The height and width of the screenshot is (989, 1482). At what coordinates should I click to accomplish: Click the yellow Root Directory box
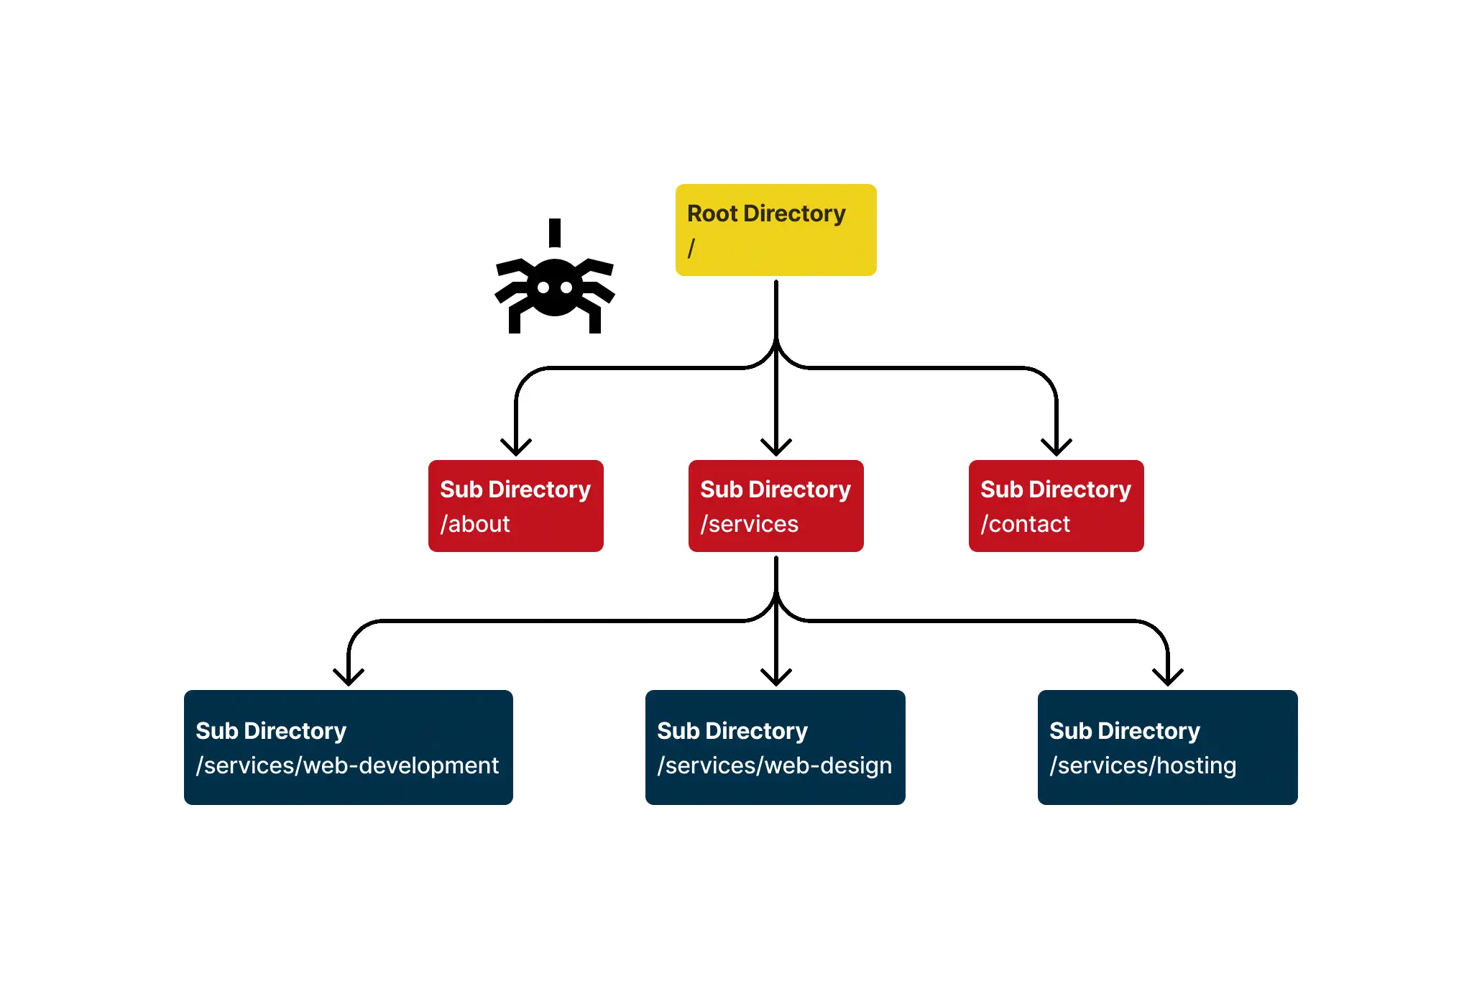(775, 230)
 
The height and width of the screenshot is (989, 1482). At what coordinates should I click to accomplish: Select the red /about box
(515, 506)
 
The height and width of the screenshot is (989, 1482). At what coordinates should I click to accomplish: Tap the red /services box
(775, 506)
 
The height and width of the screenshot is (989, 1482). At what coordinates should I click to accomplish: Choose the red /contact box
(1056, 506)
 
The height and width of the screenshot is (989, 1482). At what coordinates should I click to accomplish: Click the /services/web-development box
(349, 747)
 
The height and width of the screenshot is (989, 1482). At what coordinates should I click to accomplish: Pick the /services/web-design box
(775, 747)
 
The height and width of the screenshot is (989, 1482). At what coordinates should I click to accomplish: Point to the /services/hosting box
(1167, 747)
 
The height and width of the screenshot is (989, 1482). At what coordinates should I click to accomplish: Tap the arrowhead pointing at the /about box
(516, 448)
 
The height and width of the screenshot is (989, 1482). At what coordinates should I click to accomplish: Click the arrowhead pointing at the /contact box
(1057, 448)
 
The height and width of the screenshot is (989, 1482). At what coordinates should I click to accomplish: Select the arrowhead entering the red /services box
(776, 448)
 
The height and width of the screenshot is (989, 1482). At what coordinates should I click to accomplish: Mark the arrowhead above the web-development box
(349, 678)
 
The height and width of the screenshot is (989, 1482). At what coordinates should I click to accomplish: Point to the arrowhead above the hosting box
(1168, 678)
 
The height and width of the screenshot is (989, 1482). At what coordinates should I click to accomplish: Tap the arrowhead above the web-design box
(776, 678)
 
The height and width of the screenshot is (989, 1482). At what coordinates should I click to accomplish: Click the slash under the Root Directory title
(691, 248)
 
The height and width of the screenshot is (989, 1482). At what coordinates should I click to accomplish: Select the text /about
(475, 524)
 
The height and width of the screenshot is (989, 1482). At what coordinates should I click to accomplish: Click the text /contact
(1026, 524)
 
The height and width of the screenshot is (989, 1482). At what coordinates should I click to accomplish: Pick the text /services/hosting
(1143, 765)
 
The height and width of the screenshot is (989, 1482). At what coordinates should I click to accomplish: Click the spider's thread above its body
(554, 232)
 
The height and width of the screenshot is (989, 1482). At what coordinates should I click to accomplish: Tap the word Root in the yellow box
(712, 213)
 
